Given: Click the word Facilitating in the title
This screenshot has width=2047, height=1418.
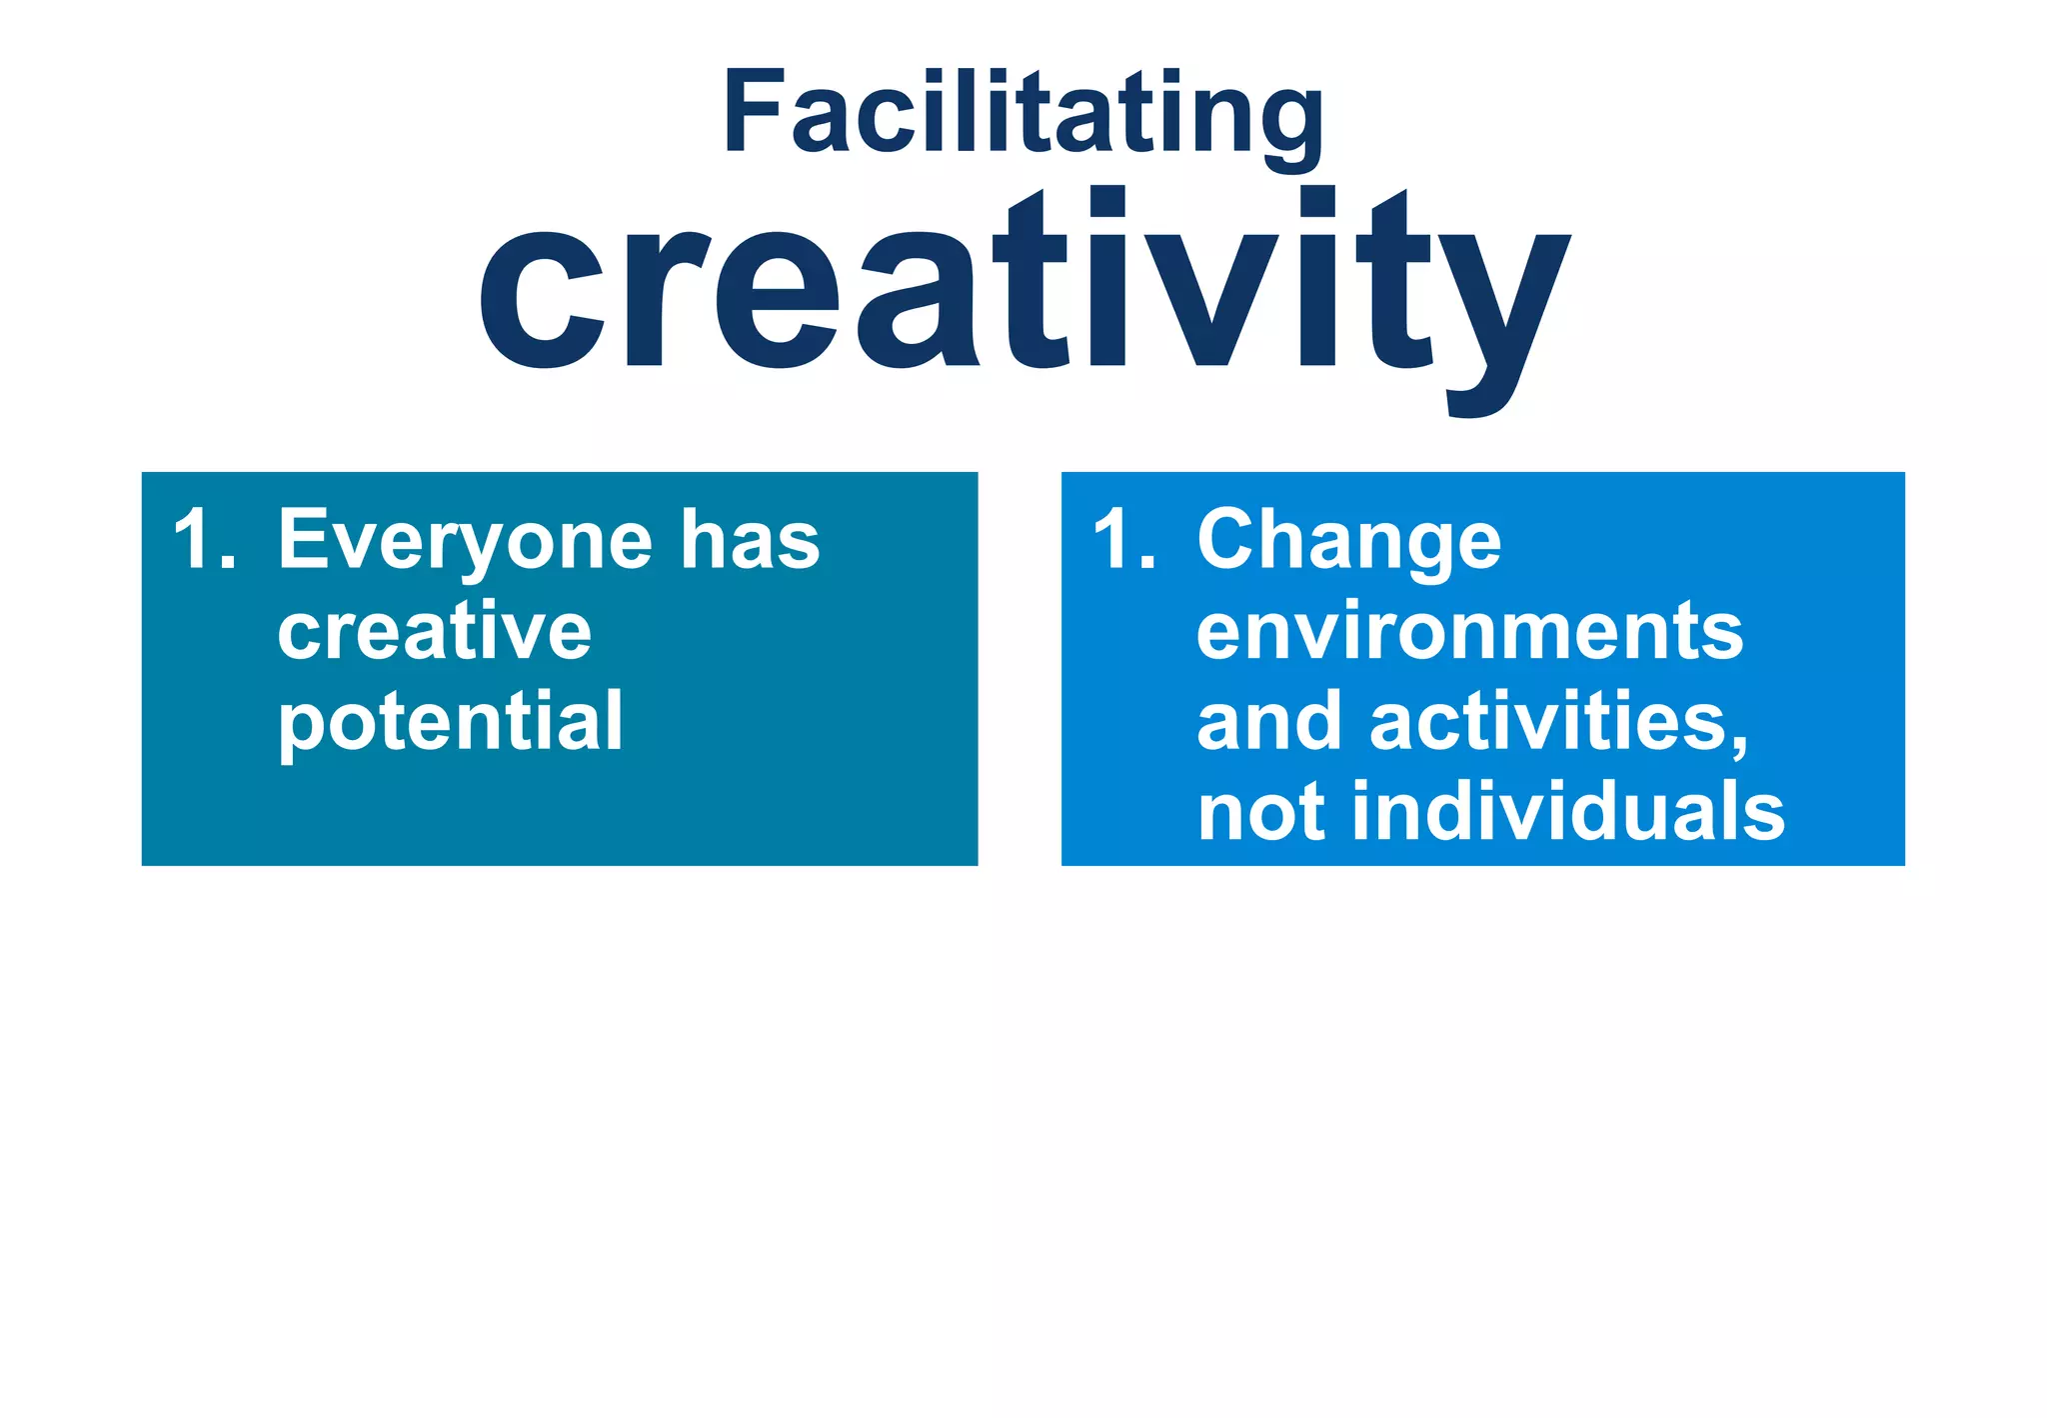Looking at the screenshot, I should [x=1023, y=112].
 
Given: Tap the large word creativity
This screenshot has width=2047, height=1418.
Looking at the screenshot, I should [x=1023, y=290].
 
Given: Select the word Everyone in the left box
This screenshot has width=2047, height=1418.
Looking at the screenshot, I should [x=465, y=541].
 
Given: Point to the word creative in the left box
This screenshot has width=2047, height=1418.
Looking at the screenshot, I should [x=435, y=632].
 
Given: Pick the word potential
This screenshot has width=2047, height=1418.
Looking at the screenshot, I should [x=450, y=722].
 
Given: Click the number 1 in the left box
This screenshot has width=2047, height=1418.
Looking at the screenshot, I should [x=193, y=540].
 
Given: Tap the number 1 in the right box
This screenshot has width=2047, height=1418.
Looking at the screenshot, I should [x=1112, y=540].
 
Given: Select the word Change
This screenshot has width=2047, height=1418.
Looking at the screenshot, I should [x=1349, y=541].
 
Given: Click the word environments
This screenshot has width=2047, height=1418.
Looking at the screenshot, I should [x=1469, y=632].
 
